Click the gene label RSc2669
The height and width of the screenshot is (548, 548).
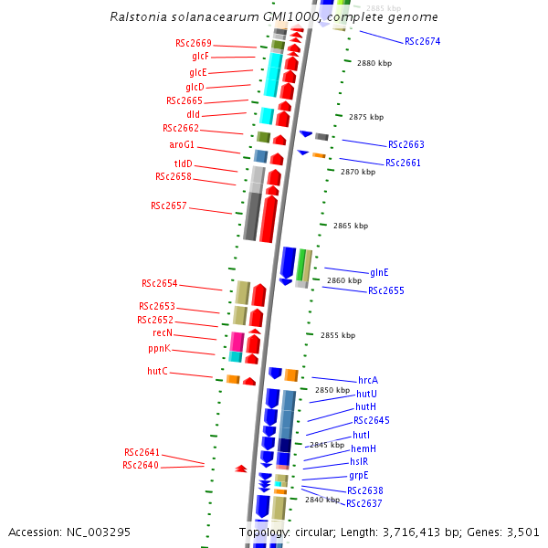pyautogui.click(x=194, y=43)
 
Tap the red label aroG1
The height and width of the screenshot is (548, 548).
pyautogui.click(x=182, y=144)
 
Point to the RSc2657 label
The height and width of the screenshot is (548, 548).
pyautogui.click(x=169, y=205)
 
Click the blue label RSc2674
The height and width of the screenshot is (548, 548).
pyautogui.click(x=422, y=41)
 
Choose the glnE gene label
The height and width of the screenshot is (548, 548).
pyautogui.click(x=379, y=272)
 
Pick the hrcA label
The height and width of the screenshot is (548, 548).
pyautogui.click(x=368, y=380)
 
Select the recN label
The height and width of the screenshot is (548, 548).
pyautogui.click(x=163, y=333)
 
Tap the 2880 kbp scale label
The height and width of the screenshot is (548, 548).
pyautogui.click(x=374, y=63)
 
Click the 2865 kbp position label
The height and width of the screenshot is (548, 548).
pyautogui.click(x=351, y=225)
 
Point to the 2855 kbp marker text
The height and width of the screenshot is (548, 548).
pyautogui.click(x=338, y=335)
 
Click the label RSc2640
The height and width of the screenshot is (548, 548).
pyautogui.click(x=141, y=465)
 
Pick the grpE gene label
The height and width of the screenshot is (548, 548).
pyautogui.click(x=358, y=475)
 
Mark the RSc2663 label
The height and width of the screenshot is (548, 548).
pyautogui.click(x=406, y=144)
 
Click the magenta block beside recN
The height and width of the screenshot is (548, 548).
pyautogui.click(x=237, y=342)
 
